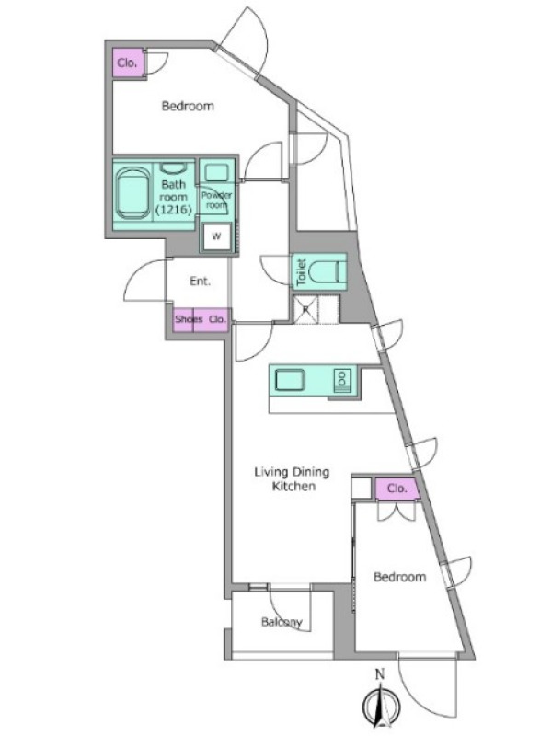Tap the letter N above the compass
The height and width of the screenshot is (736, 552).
[x=380, y=674]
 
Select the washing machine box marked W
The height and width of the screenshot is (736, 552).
[x=216, y=236]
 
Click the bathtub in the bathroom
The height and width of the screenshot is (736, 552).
[x=132, y=192]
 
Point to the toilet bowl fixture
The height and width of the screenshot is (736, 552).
[x=326, y=272]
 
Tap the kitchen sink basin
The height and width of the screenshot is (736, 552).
[x=290, y=380]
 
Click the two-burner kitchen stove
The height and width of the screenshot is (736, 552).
[x=341, y=380]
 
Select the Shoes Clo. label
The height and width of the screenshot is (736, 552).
[x=201, y=319]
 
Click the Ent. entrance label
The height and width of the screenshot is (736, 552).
[x=201, y=282]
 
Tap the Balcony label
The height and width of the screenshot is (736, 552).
[x=282, y=623]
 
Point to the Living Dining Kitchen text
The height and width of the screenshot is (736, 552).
[x=292, y=478]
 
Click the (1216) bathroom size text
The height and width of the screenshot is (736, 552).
[x=174, y=211]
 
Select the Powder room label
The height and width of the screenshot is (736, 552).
[x=216, y=200]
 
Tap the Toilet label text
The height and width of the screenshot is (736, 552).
[x=302, y=271]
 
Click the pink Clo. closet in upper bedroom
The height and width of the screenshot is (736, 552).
[x=127, y=63]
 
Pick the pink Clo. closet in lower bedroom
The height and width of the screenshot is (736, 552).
[x=397, y=489]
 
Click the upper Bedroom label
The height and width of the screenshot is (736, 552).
[x=188, y=106]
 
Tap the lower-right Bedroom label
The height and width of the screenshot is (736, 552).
[x=400, y=577]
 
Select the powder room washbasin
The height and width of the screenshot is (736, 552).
[x=216, y=172]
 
